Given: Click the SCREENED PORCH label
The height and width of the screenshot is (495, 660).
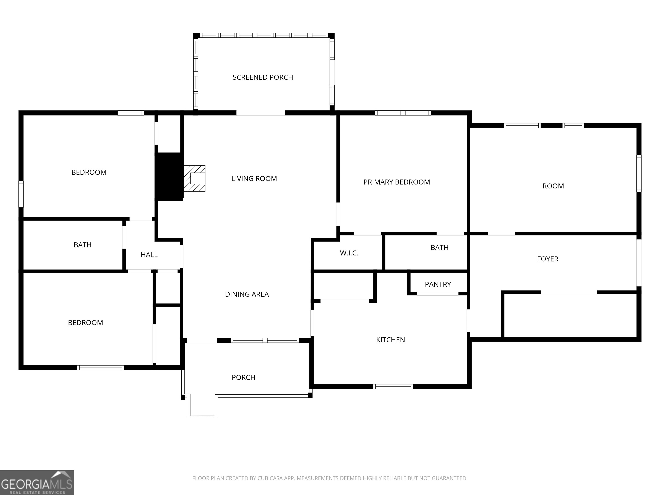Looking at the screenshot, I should tap(263, 77).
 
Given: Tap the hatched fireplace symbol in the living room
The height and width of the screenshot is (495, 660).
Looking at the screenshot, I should tap(194, 178).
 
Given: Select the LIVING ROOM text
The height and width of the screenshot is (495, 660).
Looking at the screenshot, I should tap(254, 178).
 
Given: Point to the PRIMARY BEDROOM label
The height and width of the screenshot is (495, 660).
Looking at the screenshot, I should tap(397, 182).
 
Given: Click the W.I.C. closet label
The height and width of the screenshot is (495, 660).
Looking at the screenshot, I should tap(349, 253).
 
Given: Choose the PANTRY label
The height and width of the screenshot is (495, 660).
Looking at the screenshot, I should tap(438, 284).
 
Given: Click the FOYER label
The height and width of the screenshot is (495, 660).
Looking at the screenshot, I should tap(547, 259).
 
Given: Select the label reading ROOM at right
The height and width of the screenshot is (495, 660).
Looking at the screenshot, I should tap(553, 186).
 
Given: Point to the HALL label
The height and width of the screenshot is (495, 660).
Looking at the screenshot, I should tap(149, 255).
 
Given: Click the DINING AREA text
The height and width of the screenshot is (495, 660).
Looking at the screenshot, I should tap(247, 294).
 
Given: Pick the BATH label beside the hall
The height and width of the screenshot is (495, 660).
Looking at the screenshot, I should tap(82, 245).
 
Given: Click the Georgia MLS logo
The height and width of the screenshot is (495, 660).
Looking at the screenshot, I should tap(37, 483).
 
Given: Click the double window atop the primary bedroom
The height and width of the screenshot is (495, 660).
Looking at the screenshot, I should tap(403, 113).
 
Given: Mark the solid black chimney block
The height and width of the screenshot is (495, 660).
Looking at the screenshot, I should tap(169, 177).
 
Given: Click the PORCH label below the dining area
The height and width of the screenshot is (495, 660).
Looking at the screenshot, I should tap(243, 377).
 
